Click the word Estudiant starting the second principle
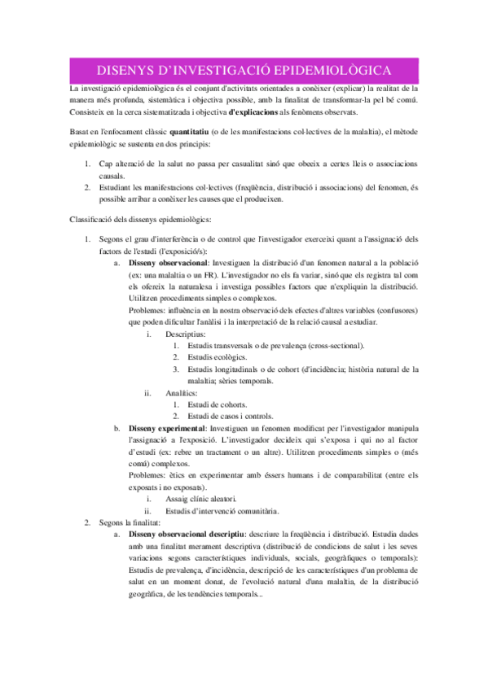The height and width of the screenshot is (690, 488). click(x=121, y=187)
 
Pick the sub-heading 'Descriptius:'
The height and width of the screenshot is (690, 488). click(x=186, y=333)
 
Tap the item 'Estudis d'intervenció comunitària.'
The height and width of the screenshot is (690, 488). click(x=222, y=511)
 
